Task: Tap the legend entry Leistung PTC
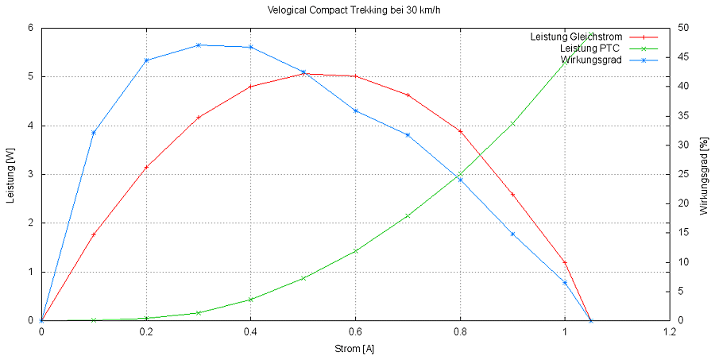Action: coord(589,48)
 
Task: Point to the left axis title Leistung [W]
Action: coord(10,174)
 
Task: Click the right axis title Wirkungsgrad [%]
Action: coord(703,174)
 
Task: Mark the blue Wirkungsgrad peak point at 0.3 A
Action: coord(199,45)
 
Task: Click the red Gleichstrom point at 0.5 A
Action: coord(303,74)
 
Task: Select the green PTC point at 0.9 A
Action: coord(512,124)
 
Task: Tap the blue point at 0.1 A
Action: coord(94,133)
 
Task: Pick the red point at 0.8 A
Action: coord(460,131)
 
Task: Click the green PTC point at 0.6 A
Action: coord(355,251)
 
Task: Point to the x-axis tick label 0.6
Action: coord(355,331)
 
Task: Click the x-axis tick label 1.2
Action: coord(669,331)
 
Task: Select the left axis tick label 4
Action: coord(30,126)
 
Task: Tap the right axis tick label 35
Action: coord(683,115)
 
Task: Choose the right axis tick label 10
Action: coord(683,262)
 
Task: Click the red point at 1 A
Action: coord(565,262)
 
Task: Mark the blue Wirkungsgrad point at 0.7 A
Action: coord(408,135)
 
